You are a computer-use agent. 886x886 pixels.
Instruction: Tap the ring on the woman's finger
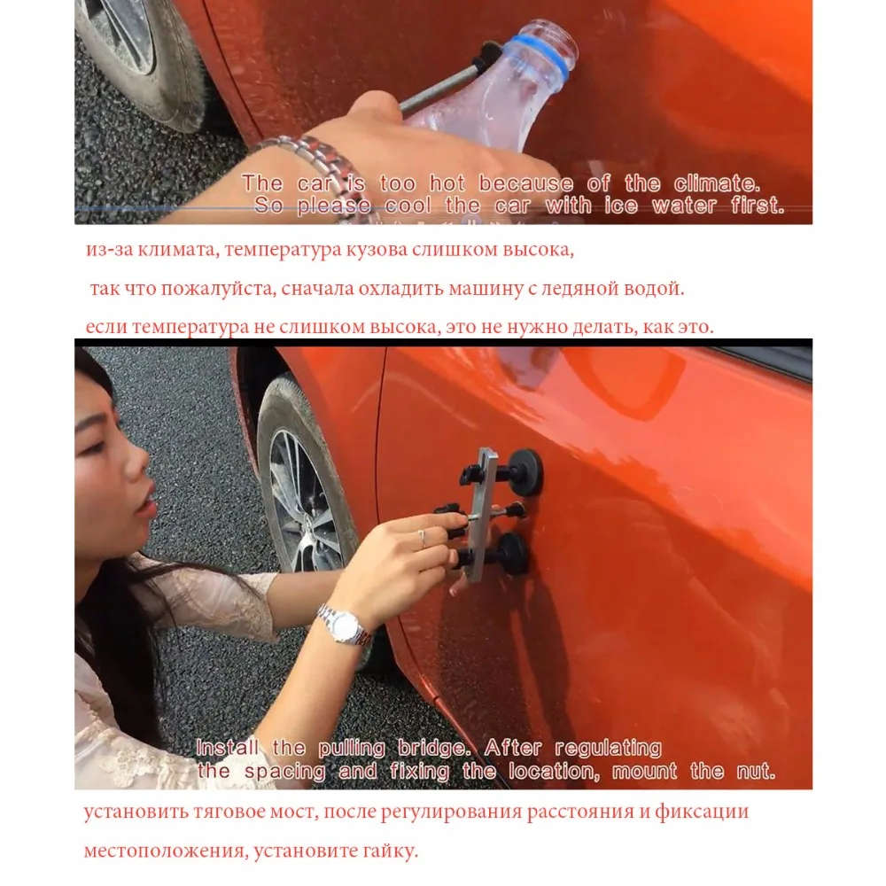tap(423, 536)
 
